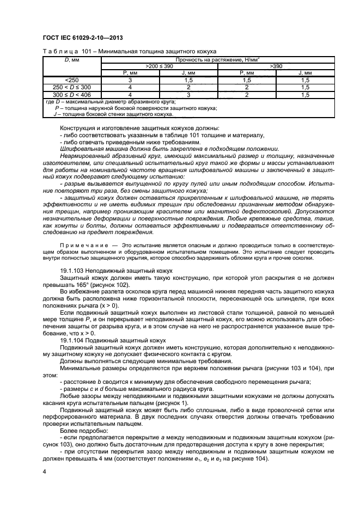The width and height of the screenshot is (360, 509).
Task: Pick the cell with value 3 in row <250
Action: click(x=130, y=79)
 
